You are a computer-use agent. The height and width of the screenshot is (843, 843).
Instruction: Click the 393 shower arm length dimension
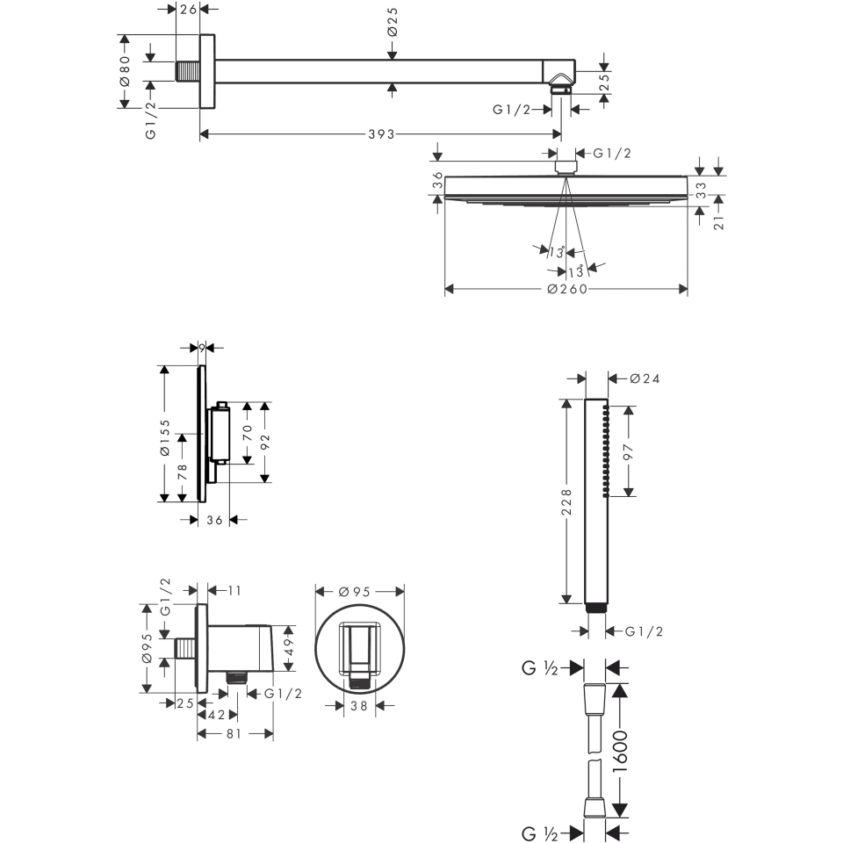381,134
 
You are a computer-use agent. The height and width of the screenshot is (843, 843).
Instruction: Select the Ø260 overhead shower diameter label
566,290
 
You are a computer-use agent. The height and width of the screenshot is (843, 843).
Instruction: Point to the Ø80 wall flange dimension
125,71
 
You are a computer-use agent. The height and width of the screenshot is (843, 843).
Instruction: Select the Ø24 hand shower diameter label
645,378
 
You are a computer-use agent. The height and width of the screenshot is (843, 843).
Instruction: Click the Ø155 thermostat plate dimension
163,436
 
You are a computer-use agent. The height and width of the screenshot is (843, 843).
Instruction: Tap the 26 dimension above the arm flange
187,10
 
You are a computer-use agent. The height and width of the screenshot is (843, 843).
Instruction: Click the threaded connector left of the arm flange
188,71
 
